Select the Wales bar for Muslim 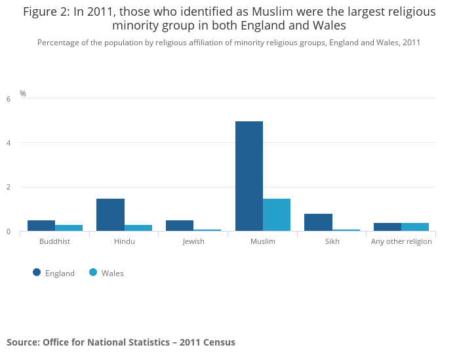(277, 214)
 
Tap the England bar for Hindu (110, 214)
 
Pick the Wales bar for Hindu (138, 228)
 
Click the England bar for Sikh (318, 222)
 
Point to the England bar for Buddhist (41, 226)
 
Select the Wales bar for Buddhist (69, 228)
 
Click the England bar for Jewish (180, 226)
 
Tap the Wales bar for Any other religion (415, 227)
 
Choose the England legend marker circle (37, 273)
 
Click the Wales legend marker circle (93, 273)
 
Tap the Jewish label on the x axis (193, 241)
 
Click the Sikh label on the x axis (332, 241)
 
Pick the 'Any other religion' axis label (401, 241)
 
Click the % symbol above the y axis (23, 94)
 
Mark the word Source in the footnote (22, 342)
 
